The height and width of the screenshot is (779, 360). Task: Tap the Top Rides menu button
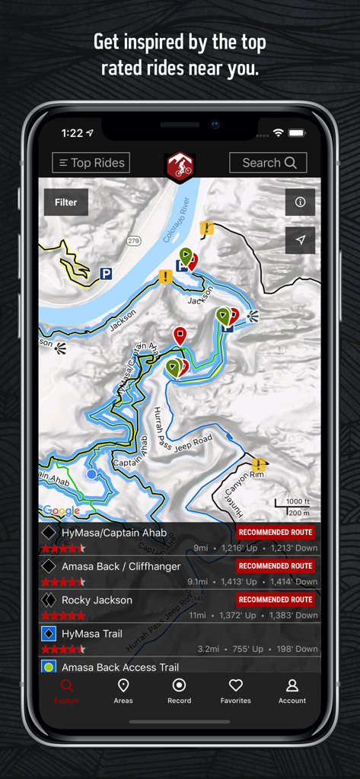pos(91,163)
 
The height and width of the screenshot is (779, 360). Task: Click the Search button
pos(268,163)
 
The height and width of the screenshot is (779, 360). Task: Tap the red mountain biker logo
pos(180,166)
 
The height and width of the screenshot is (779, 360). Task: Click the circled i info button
pos(300,202)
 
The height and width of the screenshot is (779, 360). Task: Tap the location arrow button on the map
pos(300,240)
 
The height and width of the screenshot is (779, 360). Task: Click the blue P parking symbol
pos(107,273)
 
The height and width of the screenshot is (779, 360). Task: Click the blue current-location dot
pos(92,474)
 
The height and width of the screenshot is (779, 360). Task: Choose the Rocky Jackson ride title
pos(97,600)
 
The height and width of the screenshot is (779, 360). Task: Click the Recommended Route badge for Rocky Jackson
pos(276,599)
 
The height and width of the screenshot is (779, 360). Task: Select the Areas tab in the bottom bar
pos(123,691)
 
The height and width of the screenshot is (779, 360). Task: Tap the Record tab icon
pos(180,685)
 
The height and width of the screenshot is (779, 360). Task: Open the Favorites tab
pos(236,691)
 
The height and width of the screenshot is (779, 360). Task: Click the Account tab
pos(292,691)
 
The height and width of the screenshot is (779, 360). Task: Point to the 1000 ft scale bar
pos(292,505)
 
